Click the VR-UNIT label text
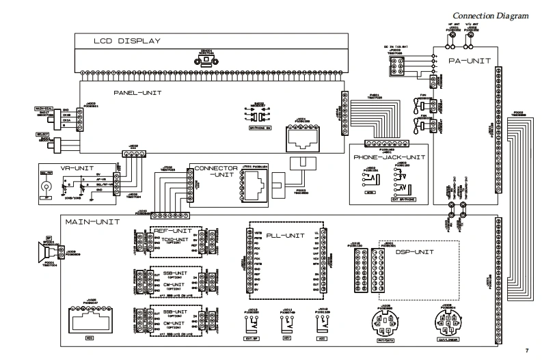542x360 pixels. click(55, 167)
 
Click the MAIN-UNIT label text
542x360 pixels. click(92, 223)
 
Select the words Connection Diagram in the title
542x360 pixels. click(491, 16)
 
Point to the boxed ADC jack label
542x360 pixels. click(321, 337)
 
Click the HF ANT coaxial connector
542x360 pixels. click(450, 40)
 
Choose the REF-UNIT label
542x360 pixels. click(168, 231)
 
